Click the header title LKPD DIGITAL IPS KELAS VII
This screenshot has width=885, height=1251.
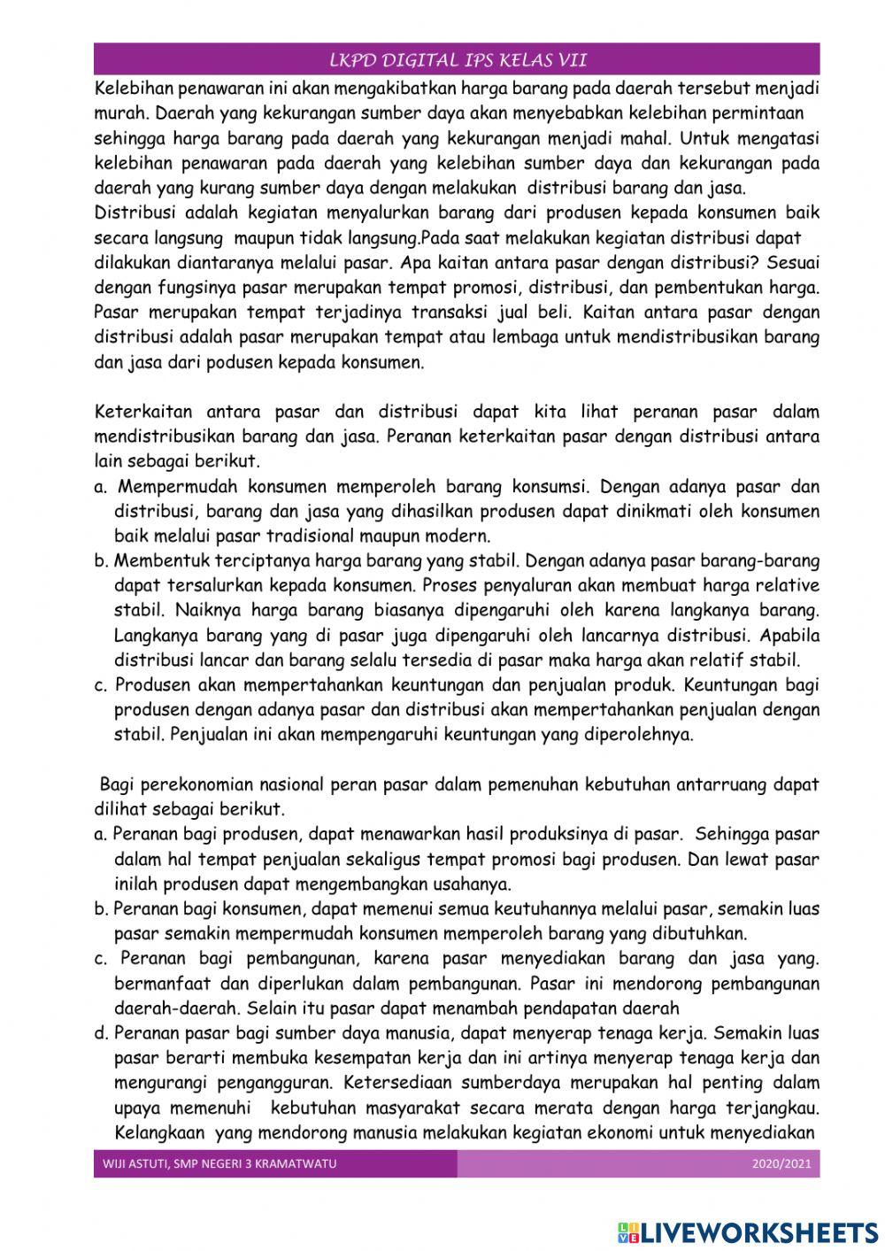tap(458, 60)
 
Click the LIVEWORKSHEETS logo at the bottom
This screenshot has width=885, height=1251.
tap(748, 1232)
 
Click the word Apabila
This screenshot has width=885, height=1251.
tap(789, 635)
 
